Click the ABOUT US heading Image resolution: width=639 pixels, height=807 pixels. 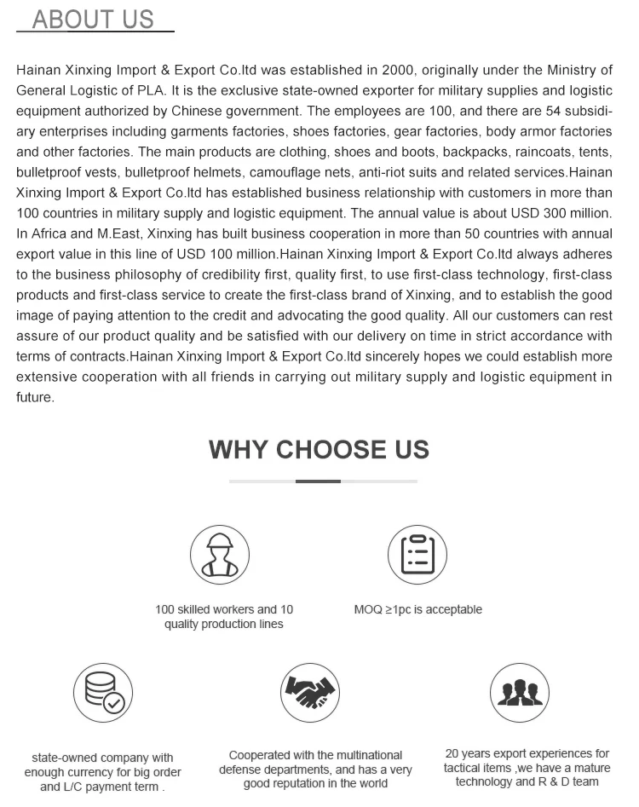93,19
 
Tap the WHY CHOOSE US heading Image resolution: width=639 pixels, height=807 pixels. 319,449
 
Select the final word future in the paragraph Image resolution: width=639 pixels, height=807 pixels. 35,397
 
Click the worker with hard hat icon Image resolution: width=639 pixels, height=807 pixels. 220,555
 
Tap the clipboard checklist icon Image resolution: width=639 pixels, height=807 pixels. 417,555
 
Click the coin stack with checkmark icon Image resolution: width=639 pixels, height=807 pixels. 102,693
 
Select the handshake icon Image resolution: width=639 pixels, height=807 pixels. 310,693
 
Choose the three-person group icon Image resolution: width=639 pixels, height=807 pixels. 520,693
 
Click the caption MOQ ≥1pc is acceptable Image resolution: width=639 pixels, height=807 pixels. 417,609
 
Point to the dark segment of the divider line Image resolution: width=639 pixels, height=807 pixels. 318,481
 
